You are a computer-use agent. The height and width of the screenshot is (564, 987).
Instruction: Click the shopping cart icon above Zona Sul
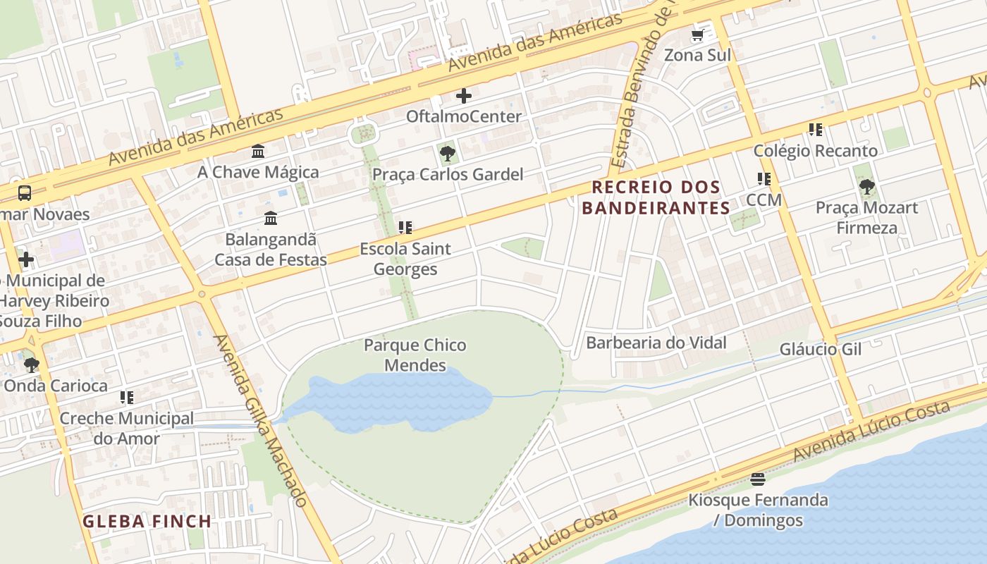(x=697, y=35)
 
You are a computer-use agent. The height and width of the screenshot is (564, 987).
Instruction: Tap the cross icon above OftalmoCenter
(x=464, y=96)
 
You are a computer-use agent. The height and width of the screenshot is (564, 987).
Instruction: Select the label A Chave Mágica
(x=258, y=172)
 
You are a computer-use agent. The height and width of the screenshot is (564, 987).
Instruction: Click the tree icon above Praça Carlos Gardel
(x=447, y=153)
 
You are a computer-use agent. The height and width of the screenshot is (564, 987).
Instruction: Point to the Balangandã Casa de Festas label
(x=271, y=250)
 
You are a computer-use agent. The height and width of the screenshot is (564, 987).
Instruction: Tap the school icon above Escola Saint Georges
(x=405, y=228)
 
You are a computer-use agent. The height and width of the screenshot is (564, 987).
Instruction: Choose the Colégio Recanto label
(x=816, y=151)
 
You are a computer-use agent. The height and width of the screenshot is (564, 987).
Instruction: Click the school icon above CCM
(x=764, y=179)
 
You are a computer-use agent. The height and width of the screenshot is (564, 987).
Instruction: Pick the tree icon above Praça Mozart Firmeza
(x=866, y=187)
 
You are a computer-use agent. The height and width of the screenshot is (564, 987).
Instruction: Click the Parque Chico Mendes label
(x=415, y=355)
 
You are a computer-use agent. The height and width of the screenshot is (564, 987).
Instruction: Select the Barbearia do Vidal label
(x=656, y=343)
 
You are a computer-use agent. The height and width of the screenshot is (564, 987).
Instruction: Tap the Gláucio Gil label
(x=821, y=350)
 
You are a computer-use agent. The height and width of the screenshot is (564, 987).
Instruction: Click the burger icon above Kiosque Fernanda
(x=758, y=479)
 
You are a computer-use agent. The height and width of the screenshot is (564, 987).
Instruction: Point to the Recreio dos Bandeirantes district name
(x=656, y=197)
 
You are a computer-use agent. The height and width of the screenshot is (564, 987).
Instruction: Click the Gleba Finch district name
(x=147, y=522)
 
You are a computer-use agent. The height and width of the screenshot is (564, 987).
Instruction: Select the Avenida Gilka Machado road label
(x=262, y=420)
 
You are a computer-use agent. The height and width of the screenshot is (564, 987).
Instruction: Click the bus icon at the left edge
(x=24, y=192)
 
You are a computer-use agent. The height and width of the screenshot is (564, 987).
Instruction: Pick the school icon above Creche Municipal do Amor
(x=127, y=398)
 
